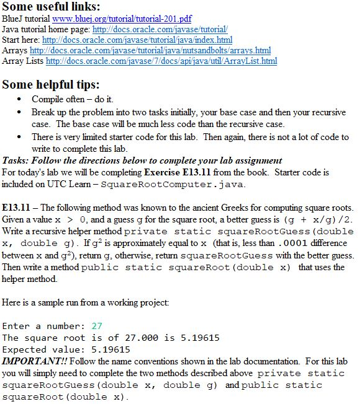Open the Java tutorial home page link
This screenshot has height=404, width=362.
[x=160, y=29]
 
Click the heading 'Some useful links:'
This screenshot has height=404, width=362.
[x=52, y=7]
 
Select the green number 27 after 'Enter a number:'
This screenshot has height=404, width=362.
[x=96, y=326]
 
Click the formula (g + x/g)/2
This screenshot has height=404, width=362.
[x=315, y=220]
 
